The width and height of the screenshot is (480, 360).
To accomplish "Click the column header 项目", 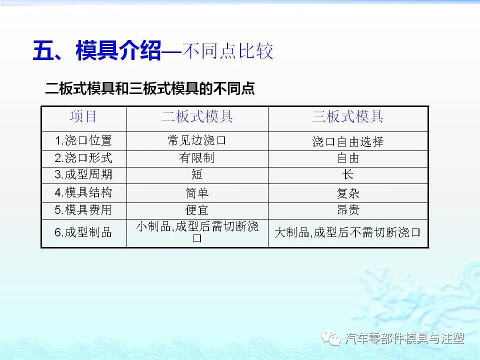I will [x=83, y=117].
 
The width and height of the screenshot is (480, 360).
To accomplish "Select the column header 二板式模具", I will [x=197, y=117].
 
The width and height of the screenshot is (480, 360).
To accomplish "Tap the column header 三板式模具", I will [x=347, y=117].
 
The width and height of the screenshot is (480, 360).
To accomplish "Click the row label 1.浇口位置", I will [x=83, y=140].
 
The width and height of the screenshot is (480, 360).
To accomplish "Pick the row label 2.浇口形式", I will [x=83, y=158].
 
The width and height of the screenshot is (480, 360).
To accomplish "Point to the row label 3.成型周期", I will [x=83, y=175].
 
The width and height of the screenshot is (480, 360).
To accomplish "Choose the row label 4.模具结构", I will [x=83, y=192].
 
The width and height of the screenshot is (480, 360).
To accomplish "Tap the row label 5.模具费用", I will [x=83, y=210].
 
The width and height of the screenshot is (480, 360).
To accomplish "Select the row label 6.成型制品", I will [x=83, y=232].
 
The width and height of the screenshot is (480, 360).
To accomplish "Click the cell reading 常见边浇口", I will [x=197, y=140].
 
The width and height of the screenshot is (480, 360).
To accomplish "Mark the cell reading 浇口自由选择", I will [x=347, y=141].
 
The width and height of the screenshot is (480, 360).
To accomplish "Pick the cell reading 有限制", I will [x=197, y=158].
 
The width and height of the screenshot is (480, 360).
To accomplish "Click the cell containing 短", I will [x=197, y=175].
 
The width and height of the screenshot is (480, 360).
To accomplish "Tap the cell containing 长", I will [x=347, y=175].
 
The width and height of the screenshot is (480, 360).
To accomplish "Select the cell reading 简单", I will [x=197, y=193].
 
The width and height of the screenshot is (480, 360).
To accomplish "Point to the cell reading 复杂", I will [x=347, y=193].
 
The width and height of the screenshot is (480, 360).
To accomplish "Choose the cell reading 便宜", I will [x=197, y=210].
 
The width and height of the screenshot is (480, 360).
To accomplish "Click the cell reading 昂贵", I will [x=347, y=210].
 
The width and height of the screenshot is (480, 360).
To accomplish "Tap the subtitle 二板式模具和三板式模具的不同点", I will [x=150, y=89].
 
